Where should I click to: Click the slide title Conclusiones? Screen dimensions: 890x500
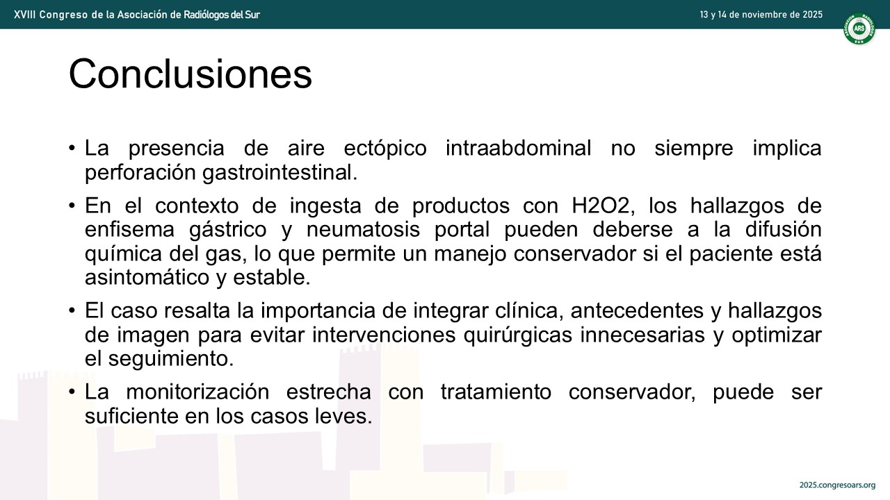[x=191, y=74]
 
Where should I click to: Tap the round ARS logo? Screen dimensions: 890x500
[x=859, y=28]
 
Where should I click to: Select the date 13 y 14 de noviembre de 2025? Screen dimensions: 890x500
[x=761, y=15]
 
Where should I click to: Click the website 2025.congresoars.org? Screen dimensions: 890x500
[x=838, y=485]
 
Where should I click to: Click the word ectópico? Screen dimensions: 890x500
[x=385, y=148]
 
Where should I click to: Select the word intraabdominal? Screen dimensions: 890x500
[x=519, y=148]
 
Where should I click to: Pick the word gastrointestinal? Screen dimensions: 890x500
[x=280, y=172]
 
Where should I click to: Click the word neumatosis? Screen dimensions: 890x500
[x=363, y=229]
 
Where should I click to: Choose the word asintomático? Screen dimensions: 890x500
[x=147, y=277]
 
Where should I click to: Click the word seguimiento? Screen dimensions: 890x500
[x=171, y=359]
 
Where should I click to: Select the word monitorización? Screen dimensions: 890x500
[x=197, y=392]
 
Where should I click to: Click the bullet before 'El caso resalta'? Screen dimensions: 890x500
[x=72, y=310]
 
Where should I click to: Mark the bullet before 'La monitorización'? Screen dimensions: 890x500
[x=72, y=392]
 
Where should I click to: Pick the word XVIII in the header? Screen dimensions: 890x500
[x=24, y=15]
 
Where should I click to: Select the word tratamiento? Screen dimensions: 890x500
[x=496, y=392]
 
